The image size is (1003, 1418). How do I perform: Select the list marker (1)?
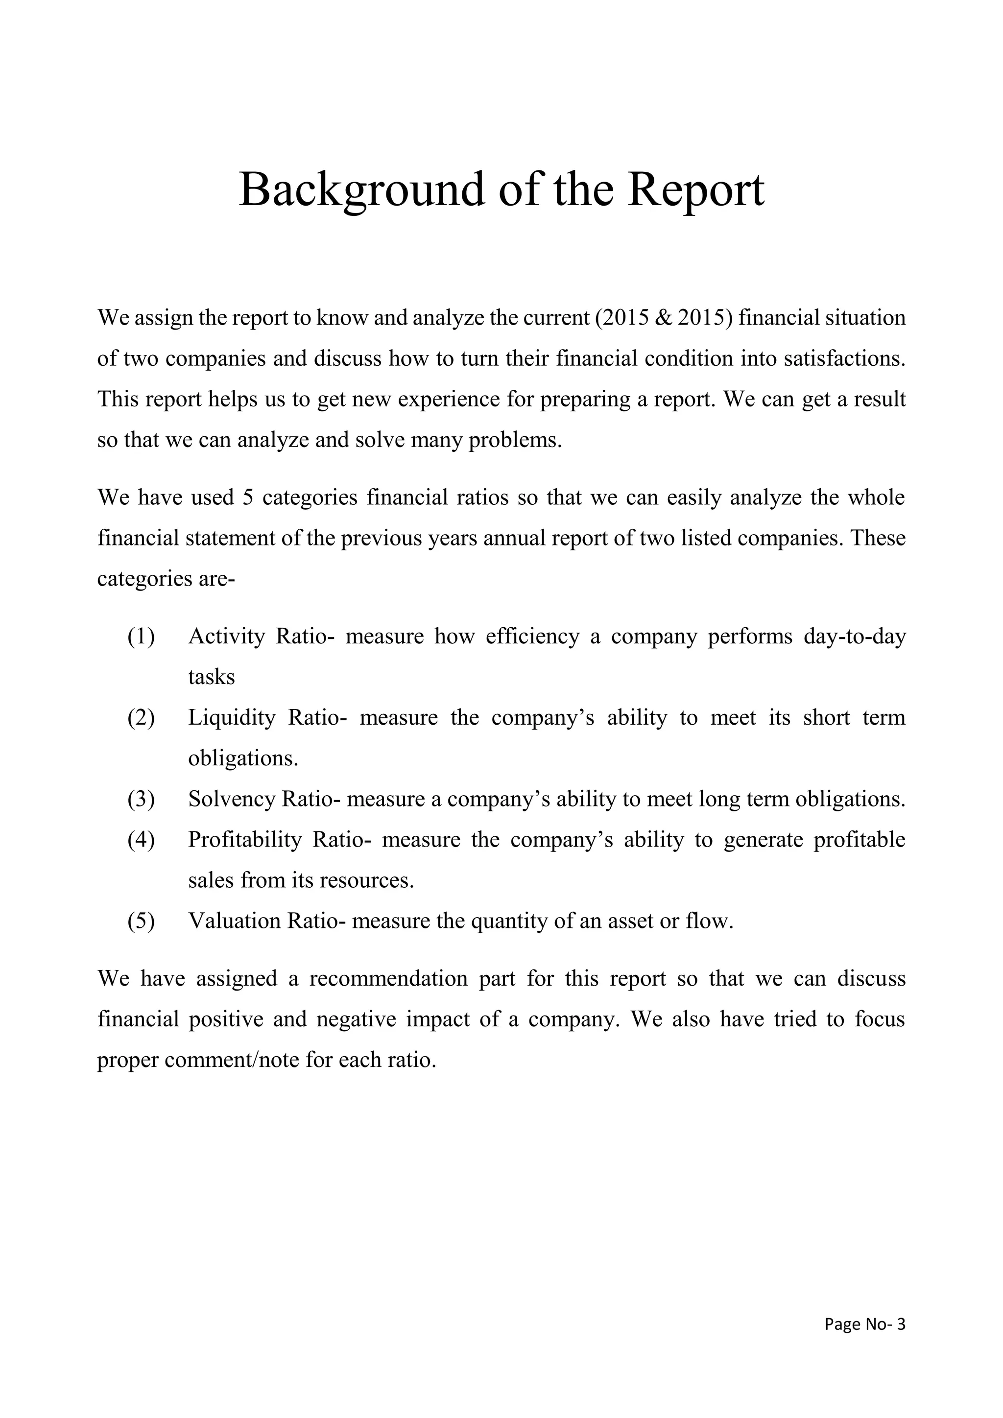(141, 636)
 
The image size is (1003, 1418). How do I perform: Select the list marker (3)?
(141, 799)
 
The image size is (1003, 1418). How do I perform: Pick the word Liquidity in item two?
(232, 718)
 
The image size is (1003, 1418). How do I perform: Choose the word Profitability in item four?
(244, 840)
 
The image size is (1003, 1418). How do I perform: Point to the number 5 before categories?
(248, 498)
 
